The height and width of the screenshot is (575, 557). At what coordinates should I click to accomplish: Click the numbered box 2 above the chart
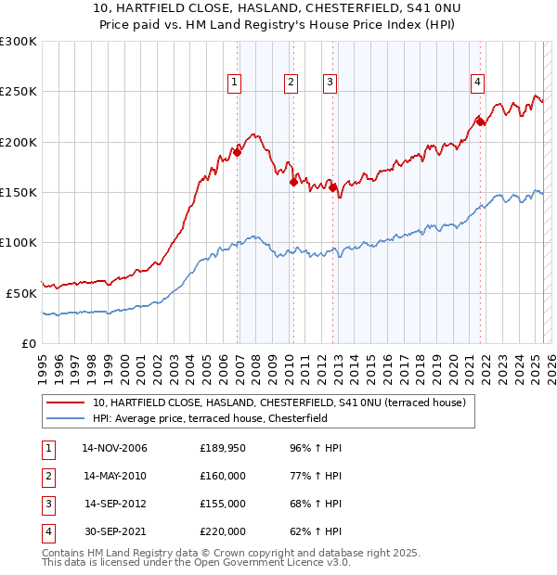click(x=291, y=83)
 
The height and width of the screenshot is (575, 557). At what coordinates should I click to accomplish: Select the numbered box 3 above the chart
click(x=330, y=83)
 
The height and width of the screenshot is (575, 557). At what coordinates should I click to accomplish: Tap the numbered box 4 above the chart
click(x=477, y=83)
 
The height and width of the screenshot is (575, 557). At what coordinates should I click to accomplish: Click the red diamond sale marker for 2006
click(x=238, y=153)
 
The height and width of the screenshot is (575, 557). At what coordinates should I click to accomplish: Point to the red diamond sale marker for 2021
click(x=481, y=121)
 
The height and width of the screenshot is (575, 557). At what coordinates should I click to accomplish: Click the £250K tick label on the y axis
click(x=19, y=92)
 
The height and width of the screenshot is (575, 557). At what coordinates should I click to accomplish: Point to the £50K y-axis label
click(x=21, y=293)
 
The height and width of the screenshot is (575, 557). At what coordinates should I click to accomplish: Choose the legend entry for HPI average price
click(x=222, y=418)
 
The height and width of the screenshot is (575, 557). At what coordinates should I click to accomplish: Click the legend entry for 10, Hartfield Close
click(x=284, y=402)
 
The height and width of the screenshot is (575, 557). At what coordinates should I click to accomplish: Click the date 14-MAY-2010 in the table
click(x=115, y=476)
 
